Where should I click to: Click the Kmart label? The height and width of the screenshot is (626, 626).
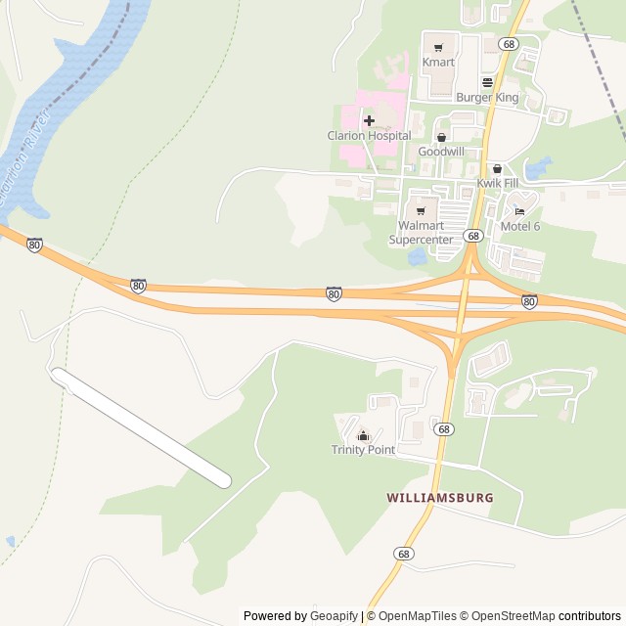click(438, 63)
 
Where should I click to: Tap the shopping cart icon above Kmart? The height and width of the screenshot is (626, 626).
click(438, 45)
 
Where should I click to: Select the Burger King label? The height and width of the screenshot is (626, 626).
click(486, 98)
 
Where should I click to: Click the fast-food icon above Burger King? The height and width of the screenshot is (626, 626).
click(487, 82)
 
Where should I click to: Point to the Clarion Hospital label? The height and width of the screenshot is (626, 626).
click(369, 137)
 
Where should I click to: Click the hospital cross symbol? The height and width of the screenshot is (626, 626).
click(369, 121)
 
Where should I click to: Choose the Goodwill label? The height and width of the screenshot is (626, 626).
click(441, 153)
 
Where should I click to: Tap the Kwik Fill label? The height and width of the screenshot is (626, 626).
click(496, 184)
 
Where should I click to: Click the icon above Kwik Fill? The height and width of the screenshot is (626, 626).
click(496, 169)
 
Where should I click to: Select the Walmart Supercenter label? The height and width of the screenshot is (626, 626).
click(422, 232)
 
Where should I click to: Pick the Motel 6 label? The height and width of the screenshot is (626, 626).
click(520, 226)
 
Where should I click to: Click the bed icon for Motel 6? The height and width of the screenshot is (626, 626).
click(520, 210)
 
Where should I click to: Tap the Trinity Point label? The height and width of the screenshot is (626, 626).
click(363, 450)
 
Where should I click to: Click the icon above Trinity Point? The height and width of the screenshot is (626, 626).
click(363, 435)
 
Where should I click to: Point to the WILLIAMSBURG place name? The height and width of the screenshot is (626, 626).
click(440, 497)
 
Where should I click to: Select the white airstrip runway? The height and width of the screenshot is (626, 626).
click(141, 427)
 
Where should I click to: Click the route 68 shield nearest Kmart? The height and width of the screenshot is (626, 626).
click(507, 44)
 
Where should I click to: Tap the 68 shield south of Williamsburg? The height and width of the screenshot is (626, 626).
click(404, 554)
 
